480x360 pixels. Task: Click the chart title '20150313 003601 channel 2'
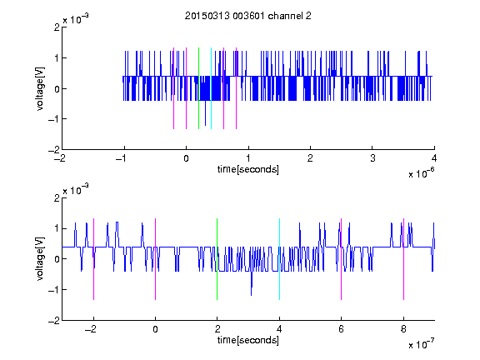point(248,16)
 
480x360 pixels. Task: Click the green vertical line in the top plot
point(198,88)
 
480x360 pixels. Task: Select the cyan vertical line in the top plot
point(211,88)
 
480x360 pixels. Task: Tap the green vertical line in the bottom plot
point(217,259)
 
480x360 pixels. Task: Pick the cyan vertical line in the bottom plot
point(279,259)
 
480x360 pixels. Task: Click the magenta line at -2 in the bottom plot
point(93,259)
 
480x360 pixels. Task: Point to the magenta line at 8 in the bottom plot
point(404,259)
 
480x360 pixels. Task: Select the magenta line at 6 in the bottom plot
point(342,259)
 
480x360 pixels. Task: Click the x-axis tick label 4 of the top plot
point(434,158)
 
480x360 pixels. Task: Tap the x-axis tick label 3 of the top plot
point(372,158)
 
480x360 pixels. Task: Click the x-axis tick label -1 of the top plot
point(122,158)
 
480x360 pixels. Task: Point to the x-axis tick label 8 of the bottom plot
point(403,329)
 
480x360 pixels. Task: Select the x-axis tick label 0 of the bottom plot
point(156,329)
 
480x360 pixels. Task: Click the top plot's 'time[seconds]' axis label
point(248,169)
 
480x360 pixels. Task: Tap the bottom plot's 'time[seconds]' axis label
point(248,340)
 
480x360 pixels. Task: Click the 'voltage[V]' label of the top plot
point(40,88)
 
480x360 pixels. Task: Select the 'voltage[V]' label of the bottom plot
point(40,259)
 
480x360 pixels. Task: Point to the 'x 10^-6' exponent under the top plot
point(421,173)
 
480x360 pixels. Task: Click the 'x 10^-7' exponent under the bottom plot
point(421,344)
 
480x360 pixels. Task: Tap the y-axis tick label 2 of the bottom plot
point(57,198)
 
